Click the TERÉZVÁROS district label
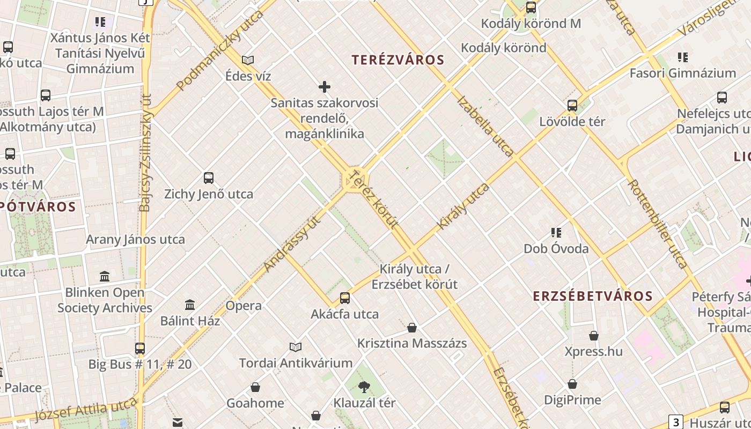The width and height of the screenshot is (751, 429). (398, 60)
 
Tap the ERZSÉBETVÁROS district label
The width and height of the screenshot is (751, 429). (592, 296)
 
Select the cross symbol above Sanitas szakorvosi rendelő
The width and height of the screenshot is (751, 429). (325, 86)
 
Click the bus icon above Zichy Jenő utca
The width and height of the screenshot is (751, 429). (209, 178)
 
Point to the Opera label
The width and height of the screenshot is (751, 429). (244, 306)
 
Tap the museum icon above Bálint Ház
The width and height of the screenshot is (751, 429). (190, 305)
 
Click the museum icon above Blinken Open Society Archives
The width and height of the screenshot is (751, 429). (105, 276)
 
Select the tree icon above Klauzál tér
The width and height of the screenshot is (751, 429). (364, 386)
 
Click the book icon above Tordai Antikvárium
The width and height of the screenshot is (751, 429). (296, 347)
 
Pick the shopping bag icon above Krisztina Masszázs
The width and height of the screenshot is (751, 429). (412, 327)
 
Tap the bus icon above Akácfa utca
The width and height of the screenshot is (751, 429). (345, 298)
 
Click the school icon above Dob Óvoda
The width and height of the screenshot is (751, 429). (556, 233)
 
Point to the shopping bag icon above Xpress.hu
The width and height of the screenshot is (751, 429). (594, 336)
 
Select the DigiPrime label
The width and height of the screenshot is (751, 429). (572, 400)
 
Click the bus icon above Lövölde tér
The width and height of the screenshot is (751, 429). (572, 105)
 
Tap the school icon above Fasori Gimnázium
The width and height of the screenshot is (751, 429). (683, 57)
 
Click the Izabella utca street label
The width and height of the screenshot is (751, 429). (485, 126)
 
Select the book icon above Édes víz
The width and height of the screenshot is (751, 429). (248, 60)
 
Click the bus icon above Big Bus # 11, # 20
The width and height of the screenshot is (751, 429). (140, 348)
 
